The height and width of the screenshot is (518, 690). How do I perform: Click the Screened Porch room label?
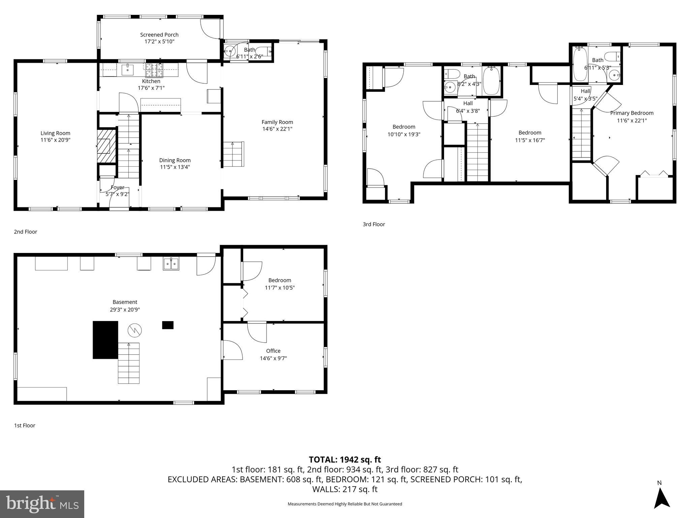click(x=159, y=35)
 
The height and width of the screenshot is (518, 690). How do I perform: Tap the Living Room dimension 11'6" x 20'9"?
click(x=56, y=140)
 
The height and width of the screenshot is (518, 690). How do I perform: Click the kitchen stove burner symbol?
click(x=154, y=71)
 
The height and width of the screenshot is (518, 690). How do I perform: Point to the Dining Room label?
click(x=175, y=160)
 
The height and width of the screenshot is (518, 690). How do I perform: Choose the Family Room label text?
click(x=277, y=122)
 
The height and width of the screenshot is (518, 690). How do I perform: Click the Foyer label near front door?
click(x=117, y=188)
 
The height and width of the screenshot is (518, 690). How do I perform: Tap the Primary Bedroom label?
click(x=632, y=113)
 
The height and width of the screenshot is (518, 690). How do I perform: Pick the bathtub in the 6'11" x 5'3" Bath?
click(x=580, y=64)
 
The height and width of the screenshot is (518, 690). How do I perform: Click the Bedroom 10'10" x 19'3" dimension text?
click(x=404, y=134)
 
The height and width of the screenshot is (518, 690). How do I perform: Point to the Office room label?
click(x=273, y=351)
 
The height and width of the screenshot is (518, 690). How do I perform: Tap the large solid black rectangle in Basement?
click(x=105, y=340)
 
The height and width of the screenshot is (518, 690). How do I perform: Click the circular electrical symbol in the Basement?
click(x=134, y=330)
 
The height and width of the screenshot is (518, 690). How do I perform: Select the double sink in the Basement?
click(x=171, y=264)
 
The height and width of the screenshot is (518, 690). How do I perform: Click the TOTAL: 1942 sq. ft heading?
click(x=345, y=459)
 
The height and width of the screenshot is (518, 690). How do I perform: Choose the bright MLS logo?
click(x=42, y=504)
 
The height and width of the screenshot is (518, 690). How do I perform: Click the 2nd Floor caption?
click(x=26, y=232)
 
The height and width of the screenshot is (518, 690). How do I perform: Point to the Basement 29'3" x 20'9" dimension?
click(x=125, y=309)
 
